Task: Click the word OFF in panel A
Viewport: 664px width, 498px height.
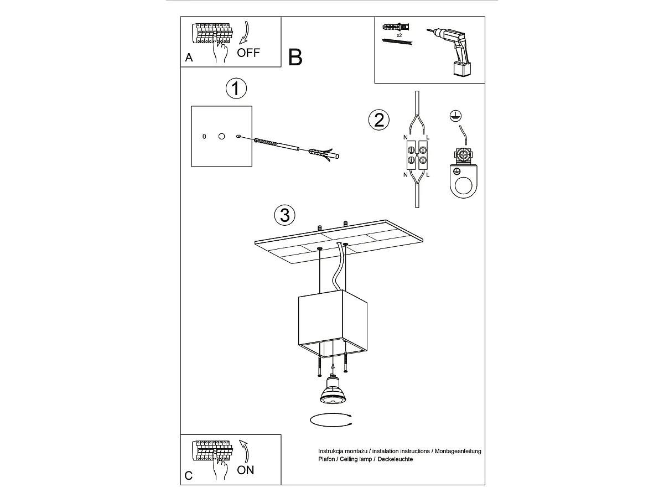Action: click(x=248, y=53)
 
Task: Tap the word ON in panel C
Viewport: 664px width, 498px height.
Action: click(x=245, y=470)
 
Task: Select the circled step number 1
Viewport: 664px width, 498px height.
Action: click(x=236, y=89)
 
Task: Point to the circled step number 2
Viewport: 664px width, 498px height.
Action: click(x=378, y=120)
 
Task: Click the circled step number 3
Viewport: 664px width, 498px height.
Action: click(x=284, y=215)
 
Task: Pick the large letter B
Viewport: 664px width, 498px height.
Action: click(x=295, y=57)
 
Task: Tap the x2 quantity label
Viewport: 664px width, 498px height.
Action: click(x=400, y=35)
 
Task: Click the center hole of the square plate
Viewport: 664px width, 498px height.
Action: click(x=222, y=136)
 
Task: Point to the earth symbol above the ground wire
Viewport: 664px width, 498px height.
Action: click(x=455, y=116)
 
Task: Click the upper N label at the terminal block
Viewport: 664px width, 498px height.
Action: click(x=406, y=138)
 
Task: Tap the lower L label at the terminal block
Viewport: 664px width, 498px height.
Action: click(x=428, y=175)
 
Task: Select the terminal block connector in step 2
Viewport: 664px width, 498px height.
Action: click(x=417, y=155)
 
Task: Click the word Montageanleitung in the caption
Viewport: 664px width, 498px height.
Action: click(x=458, y=451)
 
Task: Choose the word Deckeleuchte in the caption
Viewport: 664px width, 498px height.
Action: click(x=395, y=459)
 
